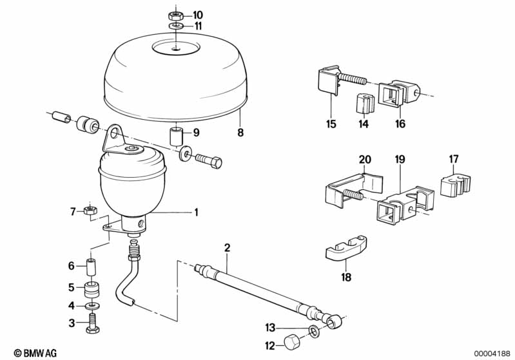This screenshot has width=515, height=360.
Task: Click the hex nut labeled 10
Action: coord(176,15)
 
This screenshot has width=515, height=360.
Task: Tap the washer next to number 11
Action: coord(177,26)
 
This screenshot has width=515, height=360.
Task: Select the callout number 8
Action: coord(241,133)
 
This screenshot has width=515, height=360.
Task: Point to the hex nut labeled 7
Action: coord(90,211)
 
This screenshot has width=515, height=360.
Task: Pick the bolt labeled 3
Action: coord(93,323)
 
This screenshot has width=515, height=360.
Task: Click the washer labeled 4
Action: coord(93,306)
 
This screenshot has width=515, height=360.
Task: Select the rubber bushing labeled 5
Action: coord(92,288)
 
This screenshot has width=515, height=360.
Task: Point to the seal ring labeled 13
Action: coord(315,330)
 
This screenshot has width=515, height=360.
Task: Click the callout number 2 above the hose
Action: coord(227,248)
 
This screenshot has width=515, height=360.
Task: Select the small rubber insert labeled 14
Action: coord(364,102)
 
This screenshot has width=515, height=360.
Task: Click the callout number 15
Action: coord(331,124)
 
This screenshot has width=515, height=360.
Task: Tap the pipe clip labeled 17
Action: coord(455,186)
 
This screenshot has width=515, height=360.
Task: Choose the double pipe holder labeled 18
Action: coord(346,249)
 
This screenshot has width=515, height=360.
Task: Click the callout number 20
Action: coord(365,160)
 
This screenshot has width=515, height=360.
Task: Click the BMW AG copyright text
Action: coord(35,353)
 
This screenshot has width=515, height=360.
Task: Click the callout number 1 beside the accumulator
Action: coord(196,213)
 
